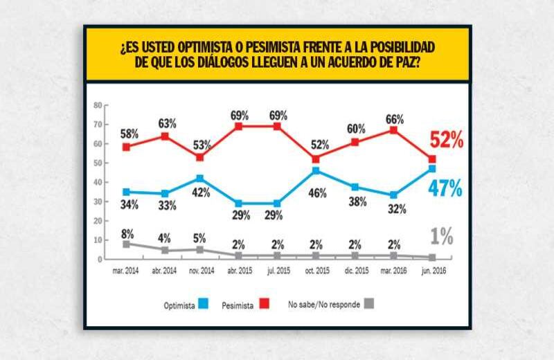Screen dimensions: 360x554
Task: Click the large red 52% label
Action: pos(446,141)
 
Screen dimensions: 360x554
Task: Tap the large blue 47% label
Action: pos(446,189)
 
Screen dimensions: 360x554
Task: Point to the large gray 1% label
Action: pos(441,237)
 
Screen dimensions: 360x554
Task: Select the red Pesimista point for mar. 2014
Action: pos(126,147)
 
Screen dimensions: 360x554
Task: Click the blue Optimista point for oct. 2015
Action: pos(316,170)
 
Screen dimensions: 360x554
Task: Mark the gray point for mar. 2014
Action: pos(126,244)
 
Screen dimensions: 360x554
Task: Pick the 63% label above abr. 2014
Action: pos(167,123)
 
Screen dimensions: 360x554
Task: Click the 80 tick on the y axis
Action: pos(98,105)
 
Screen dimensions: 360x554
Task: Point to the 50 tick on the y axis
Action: pos(98,163)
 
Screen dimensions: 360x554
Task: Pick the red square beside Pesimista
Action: pos(265,305)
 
